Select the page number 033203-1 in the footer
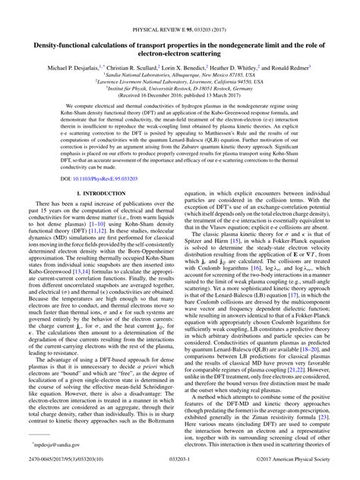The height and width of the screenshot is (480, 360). point(180,469)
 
